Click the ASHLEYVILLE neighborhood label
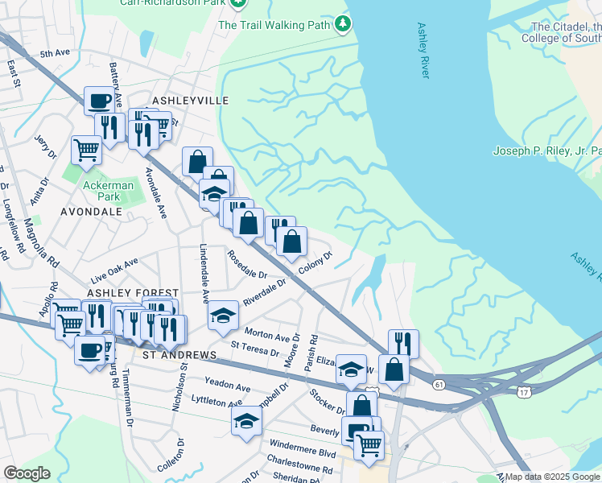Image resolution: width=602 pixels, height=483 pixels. [191, 101]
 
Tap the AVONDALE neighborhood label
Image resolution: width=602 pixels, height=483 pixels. [91, 212]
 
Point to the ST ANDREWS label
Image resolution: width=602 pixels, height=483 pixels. [179, 355]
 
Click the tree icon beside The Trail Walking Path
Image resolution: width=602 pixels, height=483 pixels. [344, 25]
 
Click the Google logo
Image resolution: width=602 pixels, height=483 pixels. [27, 473]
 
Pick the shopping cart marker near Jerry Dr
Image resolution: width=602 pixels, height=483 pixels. [86, 148]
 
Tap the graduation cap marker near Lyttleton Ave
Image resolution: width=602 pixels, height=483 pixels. [246, 421]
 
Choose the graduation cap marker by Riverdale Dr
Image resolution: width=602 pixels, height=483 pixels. [223, 315]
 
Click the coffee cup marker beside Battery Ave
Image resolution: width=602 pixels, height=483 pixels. [100, 101]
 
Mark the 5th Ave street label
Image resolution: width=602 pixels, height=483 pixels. [56, 53]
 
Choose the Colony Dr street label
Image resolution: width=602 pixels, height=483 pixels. [315, 265]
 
